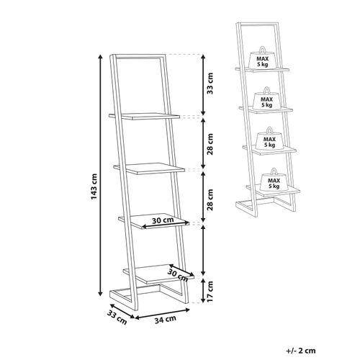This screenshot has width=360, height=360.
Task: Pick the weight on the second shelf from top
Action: (267, 99)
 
